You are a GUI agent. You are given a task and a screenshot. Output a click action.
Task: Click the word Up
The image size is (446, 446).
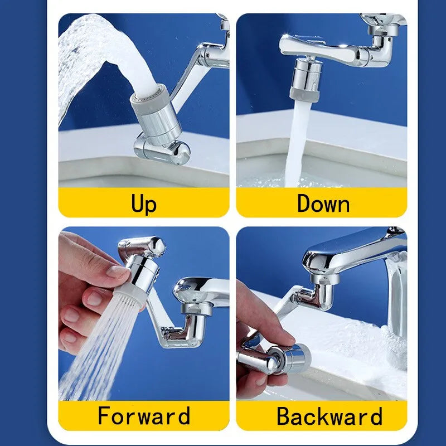144,203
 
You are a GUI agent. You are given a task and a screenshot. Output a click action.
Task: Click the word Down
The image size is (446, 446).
323,203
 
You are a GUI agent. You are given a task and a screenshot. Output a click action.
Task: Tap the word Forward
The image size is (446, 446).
144,416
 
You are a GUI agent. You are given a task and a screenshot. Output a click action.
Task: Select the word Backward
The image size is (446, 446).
329,416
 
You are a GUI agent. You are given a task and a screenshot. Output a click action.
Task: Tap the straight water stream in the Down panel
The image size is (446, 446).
295,145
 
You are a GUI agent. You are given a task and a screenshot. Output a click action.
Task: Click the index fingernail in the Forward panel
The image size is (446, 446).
118,272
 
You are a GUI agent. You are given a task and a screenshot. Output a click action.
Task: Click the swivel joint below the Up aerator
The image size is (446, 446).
162,148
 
